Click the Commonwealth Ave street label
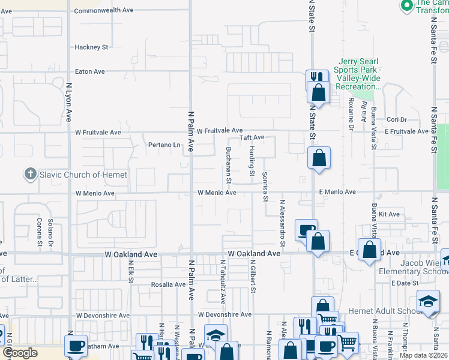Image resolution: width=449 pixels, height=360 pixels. click(103, 11)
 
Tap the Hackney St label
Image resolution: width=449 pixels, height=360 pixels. click(91, 47)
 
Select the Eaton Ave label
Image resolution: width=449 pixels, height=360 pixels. click(90, 71)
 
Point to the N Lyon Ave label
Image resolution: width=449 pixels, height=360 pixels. click(69, 103)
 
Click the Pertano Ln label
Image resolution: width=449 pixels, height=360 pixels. click(164, 145)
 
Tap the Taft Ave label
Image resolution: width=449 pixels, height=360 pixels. click(252, 137)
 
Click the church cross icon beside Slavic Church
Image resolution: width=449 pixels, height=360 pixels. click(31, 175)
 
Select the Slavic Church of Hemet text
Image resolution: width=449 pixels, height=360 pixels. click(83, 175)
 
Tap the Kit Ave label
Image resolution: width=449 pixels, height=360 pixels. click(389, 214)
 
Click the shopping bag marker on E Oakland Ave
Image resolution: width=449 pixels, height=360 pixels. click(369, 249)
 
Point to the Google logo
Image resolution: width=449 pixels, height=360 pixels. click(20, 353)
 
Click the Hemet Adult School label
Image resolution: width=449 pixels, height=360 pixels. click(378, 311)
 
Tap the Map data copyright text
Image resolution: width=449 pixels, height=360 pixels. click(423, 355)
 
